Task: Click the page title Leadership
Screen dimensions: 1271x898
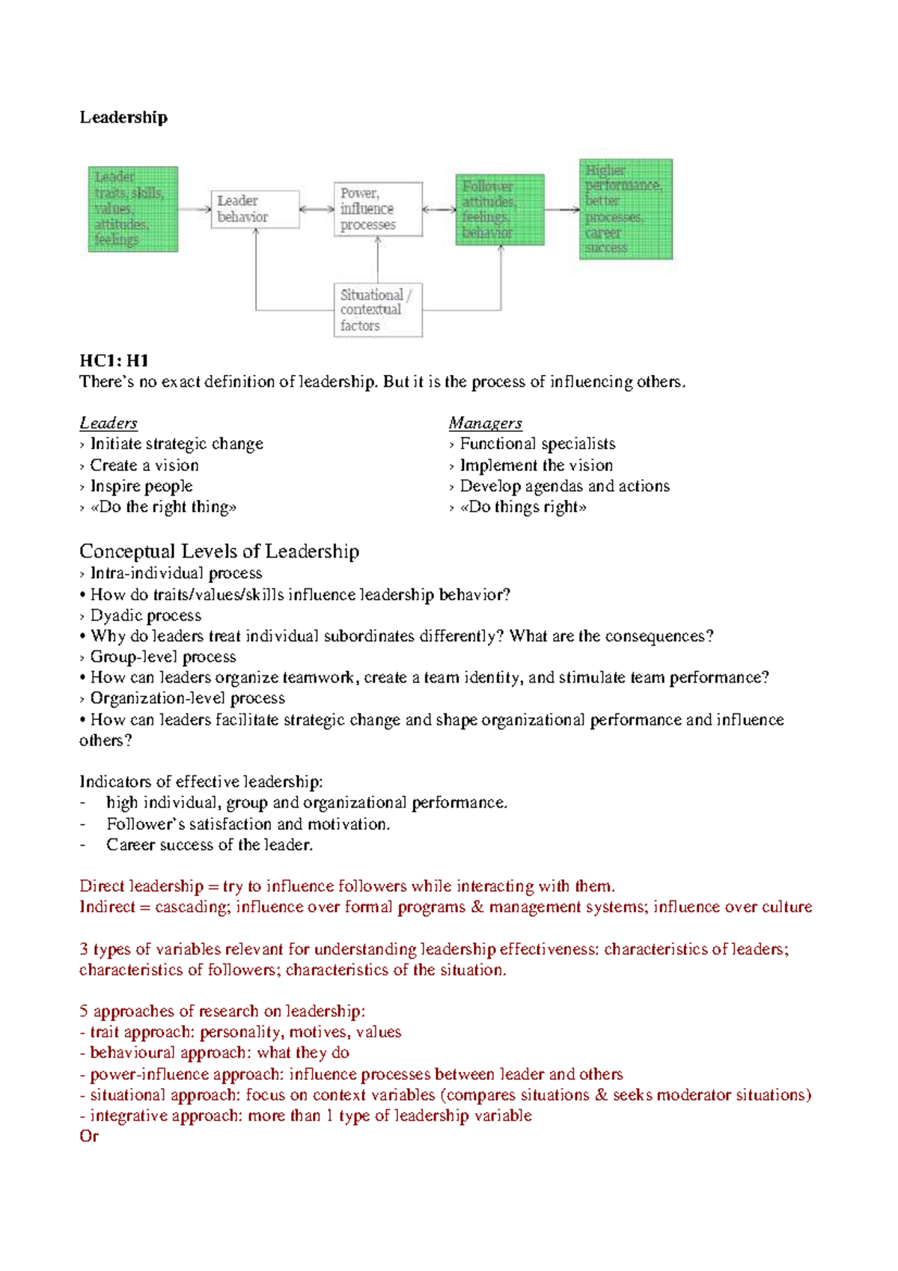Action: [123, 118]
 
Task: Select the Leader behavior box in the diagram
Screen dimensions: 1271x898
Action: [254, 209]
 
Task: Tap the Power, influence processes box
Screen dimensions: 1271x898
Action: [378, 209]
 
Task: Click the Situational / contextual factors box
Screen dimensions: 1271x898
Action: [378, 310]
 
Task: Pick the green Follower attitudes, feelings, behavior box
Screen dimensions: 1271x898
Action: [500, 210]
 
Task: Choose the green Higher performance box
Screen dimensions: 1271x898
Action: [626, 209]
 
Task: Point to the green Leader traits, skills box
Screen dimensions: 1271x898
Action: [133, 209]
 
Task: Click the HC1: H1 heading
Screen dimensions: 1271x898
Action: [114, 361]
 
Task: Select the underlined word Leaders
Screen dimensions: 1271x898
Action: [109, 423]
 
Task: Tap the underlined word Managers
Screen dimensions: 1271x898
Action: [485, 423]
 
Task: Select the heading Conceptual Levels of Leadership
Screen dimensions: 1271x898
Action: [219, 552]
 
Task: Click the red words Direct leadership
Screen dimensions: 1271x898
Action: [141, 886]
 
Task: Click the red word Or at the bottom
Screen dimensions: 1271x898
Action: [89, 1136]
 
